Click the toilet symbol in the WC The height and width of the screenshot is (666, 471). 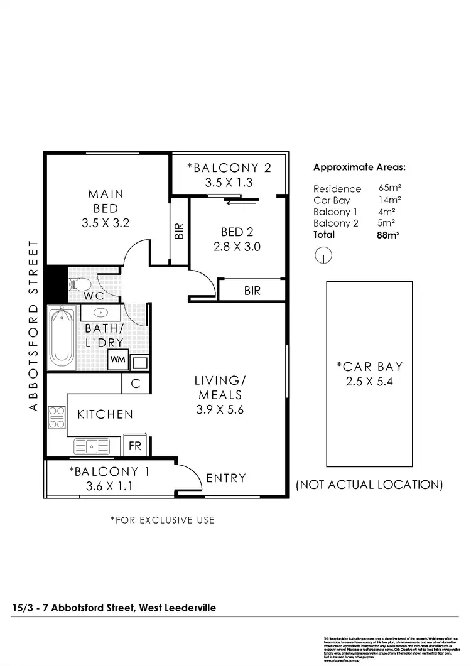coord(78,284)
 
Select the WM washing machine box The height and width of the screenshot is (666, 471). coord(117,360)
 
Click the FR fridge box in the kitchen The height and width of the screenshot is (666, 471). coord(135,446)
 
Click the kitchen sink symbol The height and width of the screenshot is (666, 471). coord(92,446)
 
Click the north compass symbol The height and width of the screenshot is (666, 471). coord(322,255)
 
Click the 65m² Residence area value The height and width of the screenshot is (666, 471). coord(390,188)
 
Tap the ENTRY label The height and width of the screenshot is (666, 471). coord(226,478)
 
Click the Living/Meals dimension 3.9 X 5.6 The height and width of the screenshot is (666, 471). coord(218,409)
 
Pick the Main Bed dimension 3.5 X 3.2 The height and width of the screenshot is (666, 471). coord(106,222)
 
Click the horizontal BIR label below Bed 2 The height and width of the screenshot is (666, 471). coord(252,291)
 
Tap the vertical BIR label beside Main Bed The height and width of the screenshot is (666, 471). coord(180,231)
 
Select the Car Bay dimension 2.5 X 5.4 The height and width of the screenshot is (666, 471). coord(369,381)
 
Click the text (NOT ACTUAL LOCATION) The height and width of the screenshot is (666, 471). coord(369,485)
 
